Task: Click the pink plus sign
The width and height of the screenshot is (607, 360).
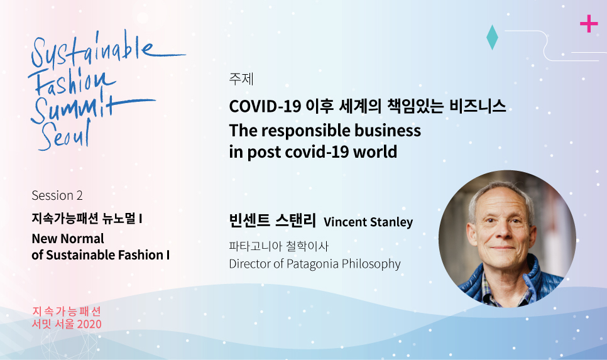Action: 589,24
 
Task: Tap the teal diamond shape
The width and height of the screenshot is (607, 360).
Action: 492,38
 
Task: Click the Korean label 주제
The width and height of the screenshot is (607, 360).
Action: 241,79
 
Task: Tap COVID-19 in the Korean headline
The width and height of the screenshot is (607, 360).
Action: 265,106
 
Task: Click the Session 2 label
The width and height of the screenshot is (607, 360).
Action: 57,195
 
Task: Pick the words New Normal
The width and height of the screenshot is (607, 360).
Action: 68,239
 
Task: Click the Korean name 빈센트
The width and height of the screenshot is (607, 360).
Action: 249,221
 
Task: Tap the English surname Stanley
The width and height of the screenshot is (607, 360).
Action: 391,222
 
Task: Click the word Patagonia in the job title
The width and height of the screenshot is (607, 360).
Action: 313,264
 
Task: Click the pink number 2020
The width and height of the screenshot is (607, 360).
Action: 90,324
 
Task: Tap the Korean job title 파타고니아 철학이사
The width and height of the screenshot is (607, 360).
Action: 279,246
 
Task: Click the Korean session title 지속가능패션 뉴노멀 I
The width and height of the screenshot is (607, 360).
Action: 87,219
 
